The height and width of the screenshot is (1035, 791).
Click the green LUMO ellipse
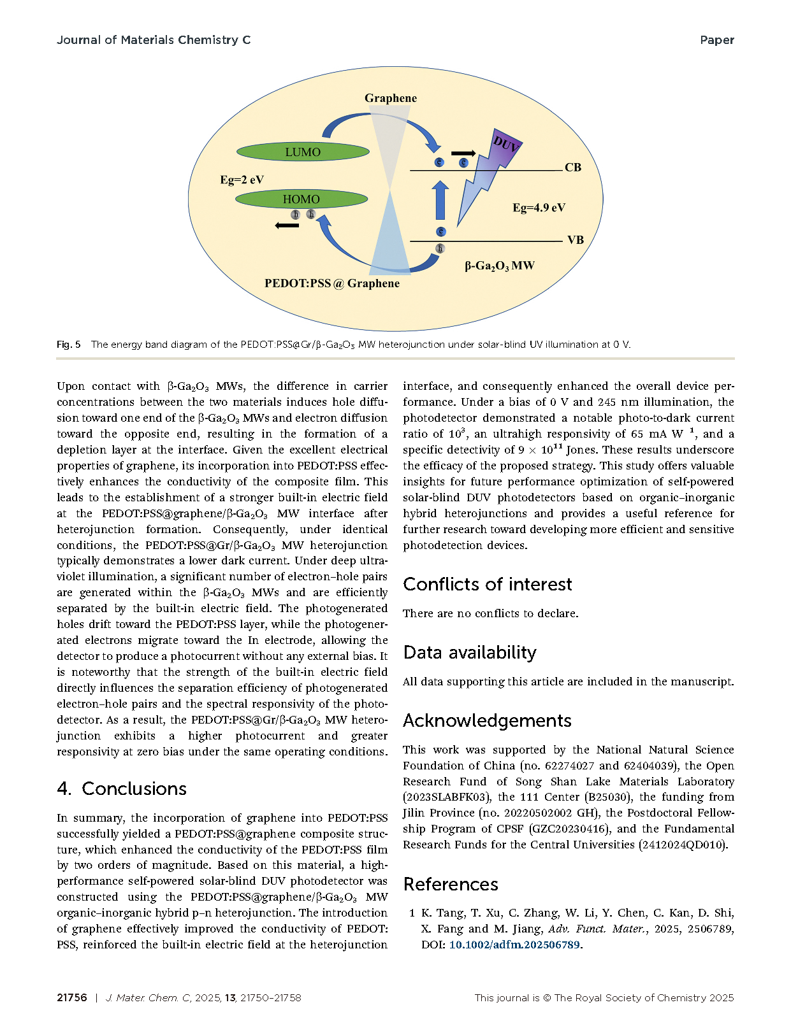(303, 152)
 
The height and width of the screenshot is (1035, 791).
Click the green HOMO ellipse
(301, 199)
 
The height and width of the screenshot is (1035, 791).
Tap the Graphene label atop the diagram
(391, 98)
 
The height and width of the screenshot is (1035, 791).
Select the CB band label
(573, 168)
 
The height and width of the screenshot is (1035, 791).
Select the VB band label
(576, 240)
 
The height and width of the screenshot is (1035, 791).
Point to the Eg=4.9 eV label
(539, 208)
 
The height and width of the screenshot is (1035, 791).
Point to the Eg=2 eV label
(242, 180)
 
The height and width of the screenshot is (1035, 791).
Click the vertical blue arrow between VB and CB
(440, 200)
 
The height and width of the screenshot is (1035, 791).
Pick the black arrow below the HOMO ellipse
(287, 225)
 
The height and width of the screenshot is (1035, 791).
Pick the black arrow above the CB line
(463, 153)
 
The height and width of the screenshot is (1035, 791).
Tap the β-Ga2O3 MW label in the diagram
(499, 266)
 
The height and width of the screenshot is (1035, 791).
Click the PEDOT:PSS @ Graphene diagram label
(332, 283)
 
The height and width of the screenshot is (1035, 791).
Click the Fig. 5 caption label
(69, 345)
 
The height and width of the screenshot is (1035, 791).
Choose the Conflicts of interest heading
(488, 584)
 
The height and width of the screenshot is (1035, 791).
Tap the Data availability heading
(470, 652)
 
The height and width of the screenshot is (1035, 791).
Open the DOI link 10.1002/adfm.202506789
(514, 945)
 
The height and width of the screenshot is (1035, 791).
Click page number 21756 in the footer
(72, 998)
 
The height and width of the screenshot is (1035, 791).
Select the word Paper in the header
(716, 40)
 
